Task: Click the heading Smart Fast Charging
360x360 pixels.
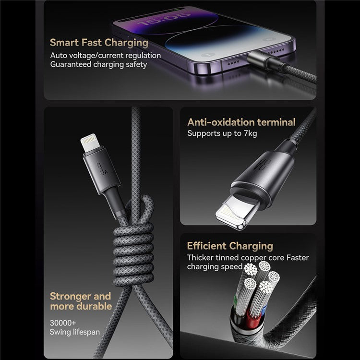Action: tap(99, 42)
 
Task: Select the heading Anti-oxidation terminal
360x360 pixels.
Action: tap(241, 122)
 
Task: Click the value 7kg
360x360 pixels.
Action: tap(248, 133)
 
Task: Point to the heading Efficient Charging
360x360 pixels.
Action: tap(229, 246)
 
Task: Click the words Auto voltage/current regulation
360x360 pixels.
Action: tap(106, 55)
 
